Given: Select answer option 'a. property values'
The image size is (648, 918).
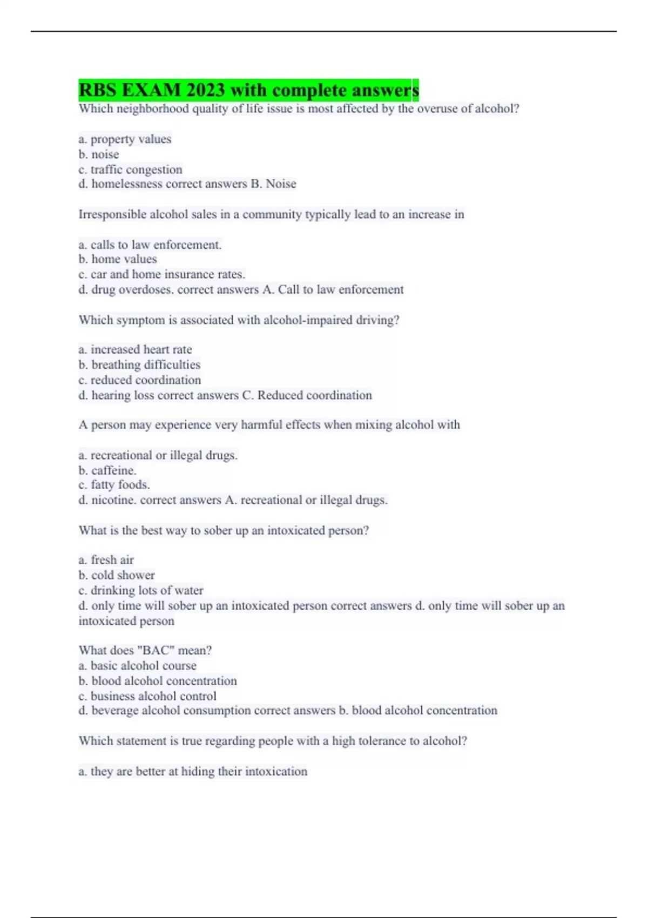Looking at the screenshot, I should click(x=125, y=139).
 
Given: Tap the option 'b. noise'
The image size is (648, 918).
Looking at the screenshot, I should click(x=99, y=154).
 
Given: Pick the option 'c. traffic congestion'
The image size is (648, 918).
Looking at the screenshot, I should click(x=130, y=170).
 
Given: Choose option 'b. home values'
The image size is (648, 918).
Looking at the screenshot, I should click(x=118, y=259).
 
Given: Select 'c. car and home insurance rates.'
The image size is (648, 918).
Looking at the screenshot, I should click(x=161, y=274).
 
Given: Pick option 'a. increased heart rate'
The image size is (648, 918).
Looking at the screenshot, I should click(x=135, y=350).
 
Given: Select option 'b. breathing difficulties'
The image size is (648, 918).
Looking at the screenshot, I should click(x=139, y=365).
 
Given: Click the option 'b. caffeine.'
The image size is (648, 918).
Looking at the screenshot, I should click(x=107, y=470).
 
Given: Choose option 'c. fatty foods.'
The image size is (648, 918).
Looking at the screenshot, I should click(x=114, y=485).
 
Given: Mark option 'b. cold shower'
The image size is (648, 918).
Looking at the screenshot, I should click(x=117, y=575).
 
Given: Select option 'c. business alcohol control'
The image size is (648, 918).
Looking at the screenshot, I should click(x=147, y=696).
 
